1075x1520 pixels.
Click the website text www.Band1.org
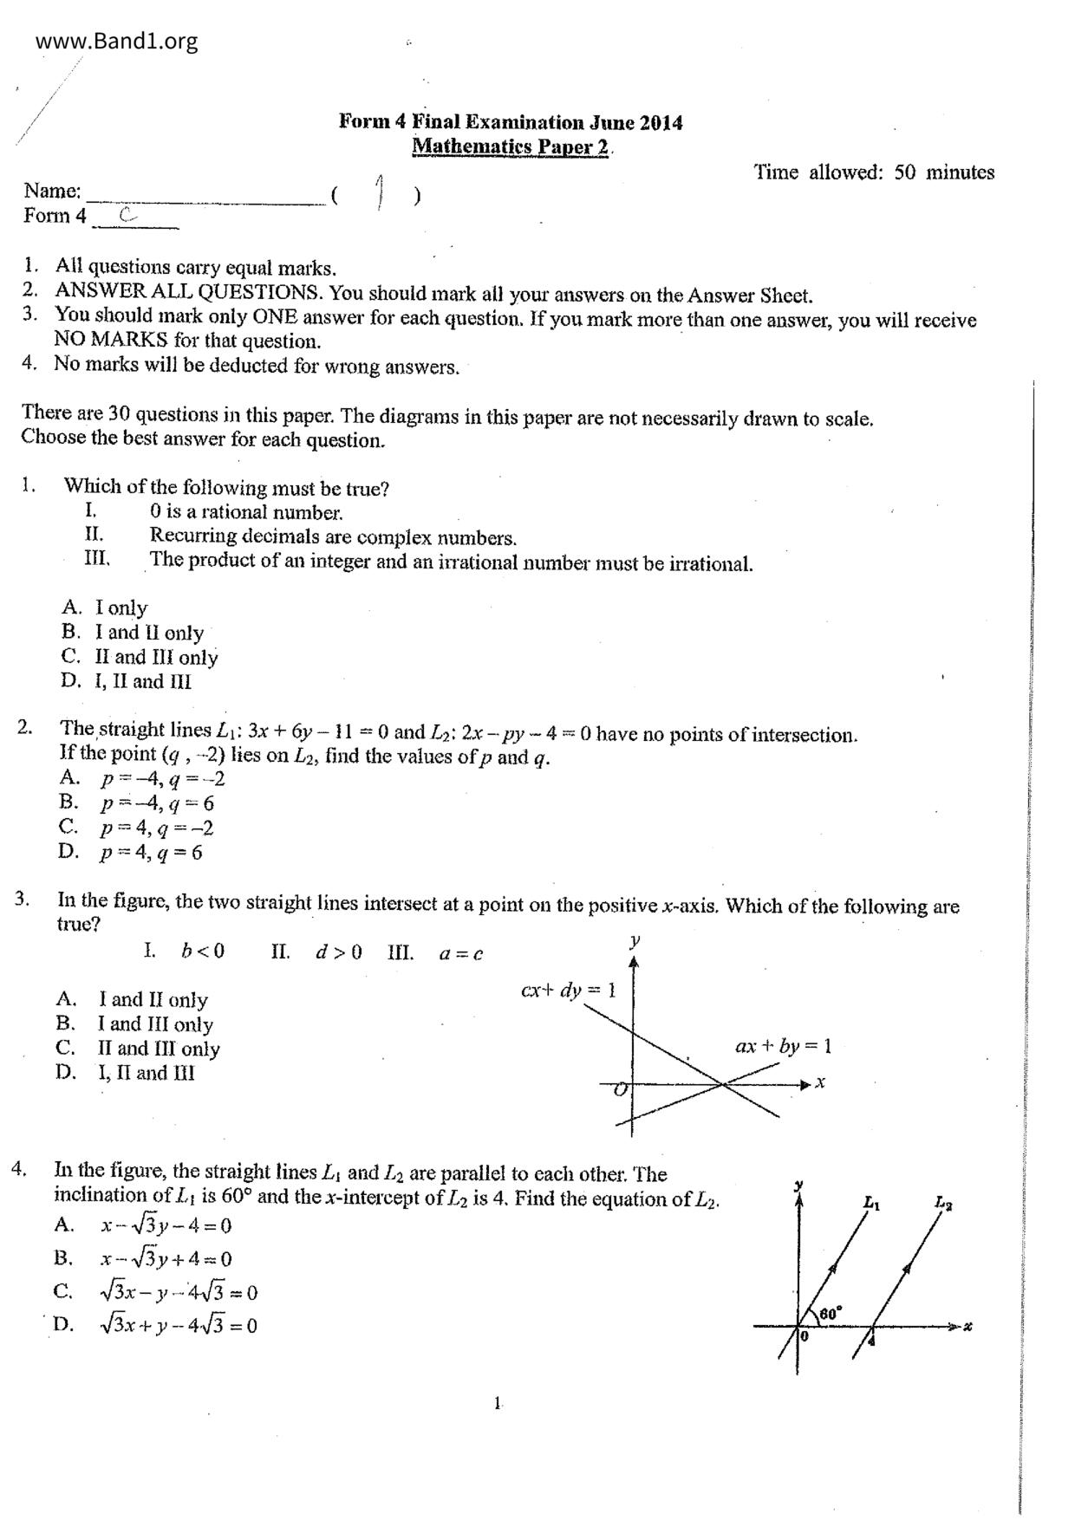pos(117,41)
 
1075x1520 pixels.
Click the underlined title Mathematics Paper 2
pos(510,146)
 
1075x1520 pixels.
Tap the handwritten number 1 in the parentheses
pos(379,192)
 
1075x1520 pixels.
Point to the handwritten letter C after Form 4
pos(127,215)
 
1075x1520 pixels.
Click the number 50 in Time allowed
pos(904,172)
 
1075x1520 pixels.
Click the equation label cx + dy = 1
pos(568,990)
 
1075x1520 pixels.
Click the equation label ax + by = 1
pos(783,1046)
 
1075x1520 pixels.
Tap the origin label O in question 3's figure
pos(621,1089)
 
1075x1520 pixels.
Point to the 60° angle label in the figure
pos(830,1314)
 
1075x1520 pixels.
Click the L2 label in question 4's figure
pos(943,1203)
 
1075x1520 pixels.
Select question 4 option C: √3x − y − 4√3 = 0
pos(178,1293)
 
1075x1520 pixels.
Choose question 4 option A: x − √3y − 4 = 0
pos(166,1226)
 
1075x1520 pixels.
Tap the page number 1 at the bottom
pos(498,1403)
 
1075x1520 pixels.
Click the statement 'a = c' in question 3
pos(460,954)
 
